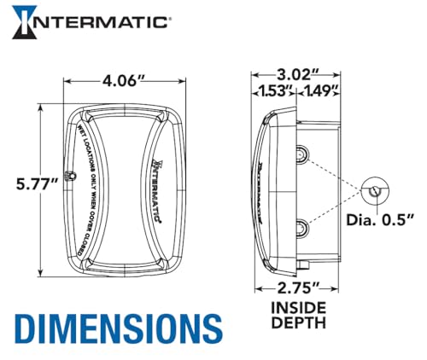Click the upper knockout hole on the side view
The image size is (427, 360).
(303, 154)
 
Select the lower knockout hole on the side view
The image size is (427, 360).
(303, 227)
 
